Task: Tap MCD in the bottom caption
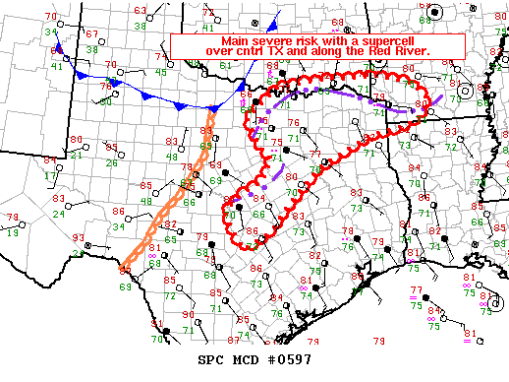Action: coord(249,360)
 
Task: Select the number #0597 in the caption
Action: coord(289,360)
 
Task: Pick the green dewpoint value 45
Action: coord(160,72)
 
